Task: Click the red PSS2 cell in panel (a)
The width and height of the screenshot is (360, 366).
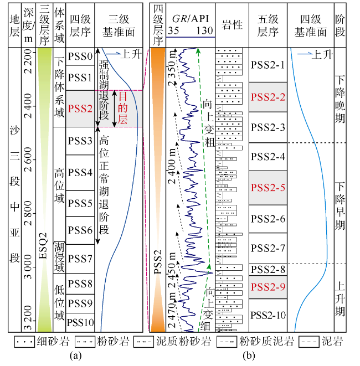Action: [80, 108]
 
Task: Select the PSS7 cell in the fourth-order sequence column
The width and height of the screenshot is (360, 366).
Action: [80, 259]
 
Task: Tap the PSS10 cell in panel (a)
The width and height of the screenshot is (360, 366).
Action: [80, 322]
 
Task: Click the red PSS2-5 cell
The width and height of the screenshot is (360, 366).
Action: [268, 187]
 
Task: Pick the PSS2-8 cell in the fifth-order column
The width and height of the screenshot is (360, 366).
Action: [268, 270]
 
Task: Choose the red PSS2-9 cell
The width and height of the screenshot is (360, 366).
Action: [268, 287]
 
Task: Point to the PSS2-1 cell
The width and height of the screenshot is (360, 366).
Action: [268, 65]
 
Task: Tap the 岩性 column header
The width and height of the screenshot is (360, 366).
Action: [231, 25]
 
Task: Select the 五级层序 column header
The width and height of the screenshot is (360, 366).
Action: [268, 25]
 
